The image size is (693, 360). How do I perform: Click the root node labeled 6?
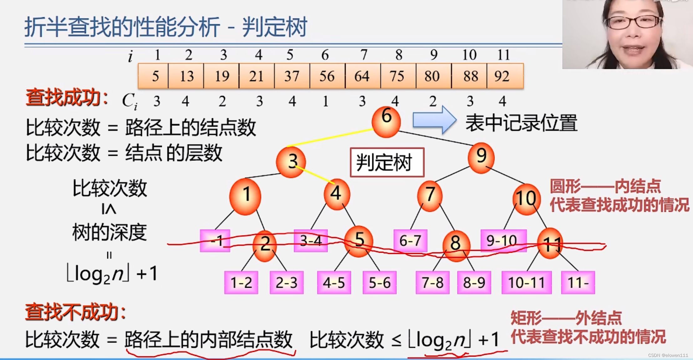click(x=386, y=122)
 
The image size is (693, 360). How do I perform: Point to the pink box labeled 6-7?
click(x=410, y=241)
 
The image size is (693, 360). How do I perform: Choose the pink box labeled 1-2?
click(x=241, y=282)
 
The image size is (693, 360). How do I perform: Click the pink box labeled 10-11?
click(x=527, y=282)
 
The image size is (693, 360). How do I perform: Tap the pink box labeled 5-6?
click(x=380, y=282)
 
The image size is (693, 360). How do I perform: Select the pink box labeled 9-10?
click(x=503, y=241)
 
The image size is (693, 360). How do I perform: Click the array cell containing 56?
click(x=327, y=76)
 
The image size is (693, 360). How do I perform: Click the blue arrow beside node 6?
click(x=434, y=120)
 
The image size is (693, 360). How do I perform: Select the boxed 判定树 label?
click(x=387, y=162)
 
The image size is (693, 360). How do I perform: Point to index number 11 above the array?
click(x=503, y=55)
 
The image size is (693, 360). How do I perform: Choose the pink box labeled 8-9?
click(x=474, y=282)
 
